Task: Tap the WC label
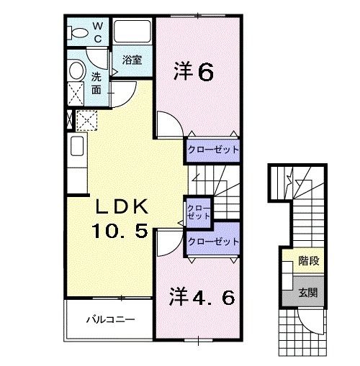(99, 32)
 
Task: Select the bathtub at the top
(132, 32)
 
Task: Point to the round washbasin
(75, 70)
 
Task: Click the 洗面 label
(96, 83)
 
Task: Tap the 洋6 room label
(193, 72)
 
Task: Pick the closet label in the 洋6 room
(212, 149)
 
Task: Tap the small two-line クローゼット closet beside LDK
(198, 211)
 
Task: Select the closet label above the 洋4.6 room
(212, 242)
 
